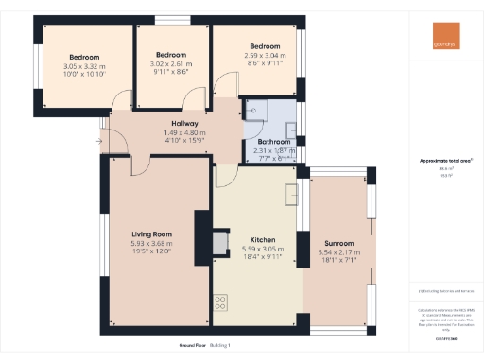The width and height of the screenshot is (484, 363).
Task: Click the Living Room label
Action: [150, 233]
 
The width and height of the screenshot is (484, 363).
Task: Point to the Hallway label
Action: [184, 124]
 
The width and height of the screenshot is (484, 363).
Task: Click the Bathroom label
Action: [273, 142]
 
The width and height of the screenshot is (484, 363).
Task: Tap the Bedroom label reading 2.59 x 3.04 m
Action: [265, 46]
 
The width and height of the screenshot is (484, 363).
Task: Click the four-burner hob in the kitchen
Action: [221, 302]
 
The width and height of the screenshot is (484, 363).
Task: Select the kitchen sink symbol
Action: [289, 193]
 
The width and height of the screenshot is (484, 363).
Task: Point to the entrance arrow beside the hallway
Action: [99, 142]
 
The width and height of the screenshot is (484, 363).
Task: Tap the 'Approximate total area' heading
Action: [445, 161]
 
